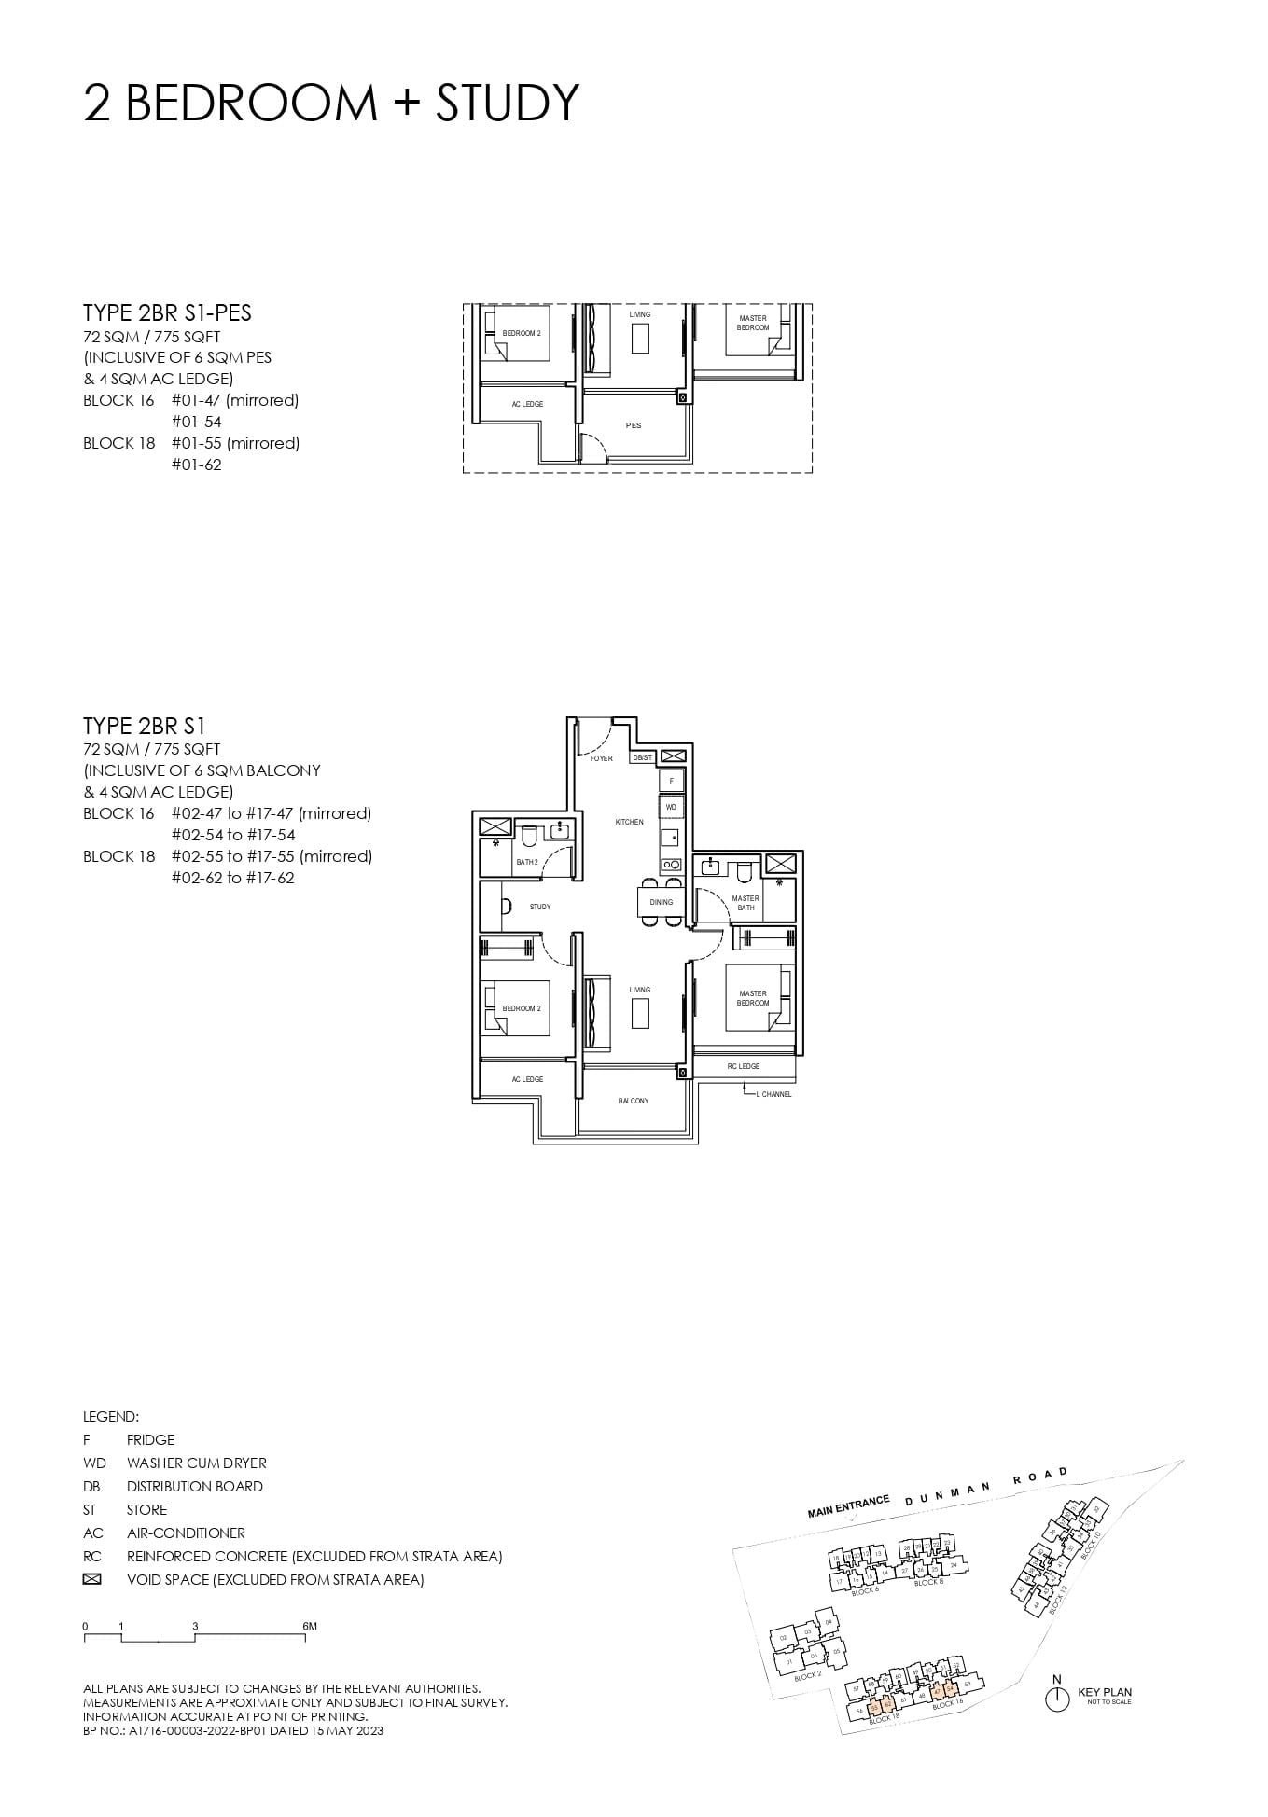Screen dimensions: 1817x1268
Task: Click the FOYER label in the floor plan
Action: pos(602,758)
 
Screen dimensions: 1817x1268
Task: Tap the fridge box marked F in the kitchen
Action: pos(671,780)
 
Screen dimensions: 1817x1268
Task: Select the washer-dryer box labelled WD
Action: pos(671,807)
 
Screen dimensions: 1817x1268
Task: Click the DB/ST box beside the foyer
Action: pos(643,757)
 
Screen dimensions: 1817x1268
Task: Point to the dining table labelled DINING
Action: pos(661,902)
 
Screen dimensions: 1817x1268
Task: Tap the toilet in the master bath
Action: pos(744,872)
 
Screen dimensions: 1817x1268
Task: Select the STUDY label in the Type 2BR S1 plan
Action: pos(540,907)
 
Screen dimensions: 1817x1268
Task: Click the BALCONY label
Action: pos(634,1101)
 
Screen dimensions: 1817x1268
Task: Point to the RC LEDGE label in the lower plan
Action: pos(744,1066)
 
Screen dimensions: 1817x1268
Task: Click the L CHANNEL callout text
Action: pos(773,1094)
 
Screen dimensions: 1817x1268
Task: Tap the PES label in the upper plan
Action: pos(634,425)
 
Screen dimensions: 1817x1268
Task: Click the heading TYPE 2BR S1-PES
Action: pos(167,313)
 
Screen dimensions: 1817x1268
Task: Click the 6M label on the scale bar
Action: pos(310,1626)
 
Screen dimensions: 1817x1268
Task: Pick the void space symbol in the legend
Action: pos(91,1579)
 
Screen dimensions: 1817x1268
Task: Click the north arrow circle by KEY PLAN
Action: pos(1056,1699)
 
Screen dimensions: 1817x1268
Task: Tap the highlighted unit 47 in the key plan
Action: pos(938,1690)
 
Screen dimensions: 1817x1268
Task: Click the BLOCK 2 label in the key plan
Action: pos(808,1676)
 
